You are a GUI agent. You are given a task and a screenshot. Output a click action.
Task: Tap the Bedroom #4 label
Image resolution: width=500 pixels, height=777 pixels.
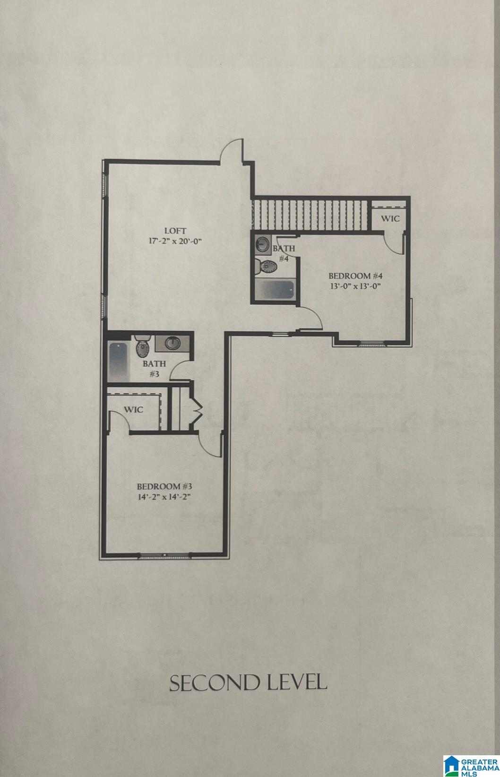pyautogui.click(x=355, y=276)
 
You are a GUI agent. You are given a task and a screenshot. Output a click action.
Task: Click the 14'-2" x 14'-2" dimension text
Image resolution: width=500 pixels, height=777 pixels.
pyautogui.click(x=163, y=497)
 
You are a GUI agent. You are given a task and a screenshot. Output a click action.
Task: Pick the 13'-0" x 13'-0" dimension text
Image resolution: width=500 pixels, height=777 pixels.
pyautogui.click(x=355, y=286)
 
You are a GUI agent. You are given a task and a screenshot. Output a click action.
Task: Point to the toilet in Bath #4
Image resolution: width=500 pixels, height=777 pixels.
pyautogui.click(x=265, y=267)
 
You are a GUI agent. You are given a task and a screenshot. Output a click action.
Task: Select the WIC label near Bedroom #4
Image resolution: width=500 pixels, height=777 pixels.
pyautogui.click(x=390, y=219)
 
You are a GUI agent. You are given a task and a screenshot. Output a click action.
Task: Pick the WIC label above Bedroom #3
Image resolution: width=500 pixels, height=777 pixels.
pyautogui.click(x=134, y=409)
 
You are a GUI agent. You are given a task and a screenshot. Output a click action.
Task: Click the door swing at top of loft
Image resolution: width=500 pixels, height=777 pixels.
pyautogui.click(x=233, y=151)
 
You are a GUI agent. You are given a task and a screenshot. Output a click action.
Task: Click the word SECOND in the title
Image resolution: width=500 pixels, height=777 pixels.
pyautogui.click(x=208, y=683)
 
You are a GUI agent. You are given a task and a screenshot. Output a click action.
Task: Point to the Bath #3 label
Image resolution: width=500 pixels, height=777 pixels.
pyautogui.click(x=154, y=369)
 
